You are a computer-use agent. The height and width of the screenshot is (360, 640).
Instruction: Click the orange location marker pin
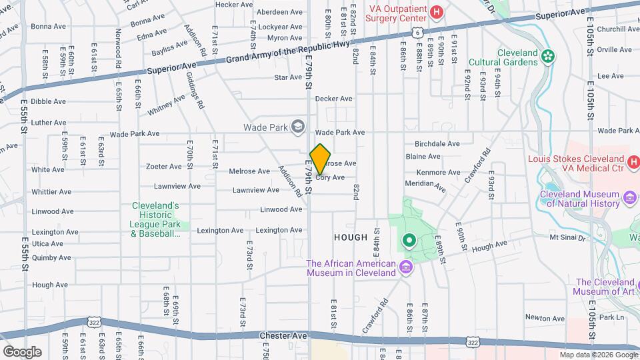[x=320, y=159]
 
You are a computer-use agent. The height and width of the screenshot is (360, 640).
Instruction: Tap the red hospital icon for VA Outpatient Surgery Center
[x=437, y=11]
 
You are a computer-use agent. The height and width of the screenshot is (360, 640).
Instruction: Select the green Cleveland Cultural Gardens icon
[x=549, y=56]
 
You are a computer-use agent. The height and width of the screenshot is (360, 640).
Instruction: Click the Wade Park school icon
[x=298, y=126]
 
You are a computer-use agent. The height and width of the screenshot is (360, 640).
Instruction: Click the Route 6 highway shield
[x=416, y=31]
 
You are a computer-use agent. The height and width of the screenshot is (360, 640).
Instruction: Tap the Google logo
[x=23, y=351]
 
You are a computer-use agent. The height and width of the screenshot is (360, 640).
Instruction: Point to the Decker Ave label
[x=333, y=99]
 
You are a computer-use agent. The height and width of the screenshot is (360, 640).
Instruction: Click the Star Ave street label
[x=288, y=77]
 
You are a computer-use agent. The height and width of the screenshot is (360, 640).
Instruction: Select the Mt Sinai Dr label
[x=567, y=237]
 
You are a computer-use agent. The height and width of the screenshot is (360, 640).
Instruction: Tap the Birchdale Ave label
[x=437, y=143]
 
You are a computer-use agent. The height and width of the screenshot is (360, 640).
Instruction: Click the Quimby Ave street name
[x=51, y=258]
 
